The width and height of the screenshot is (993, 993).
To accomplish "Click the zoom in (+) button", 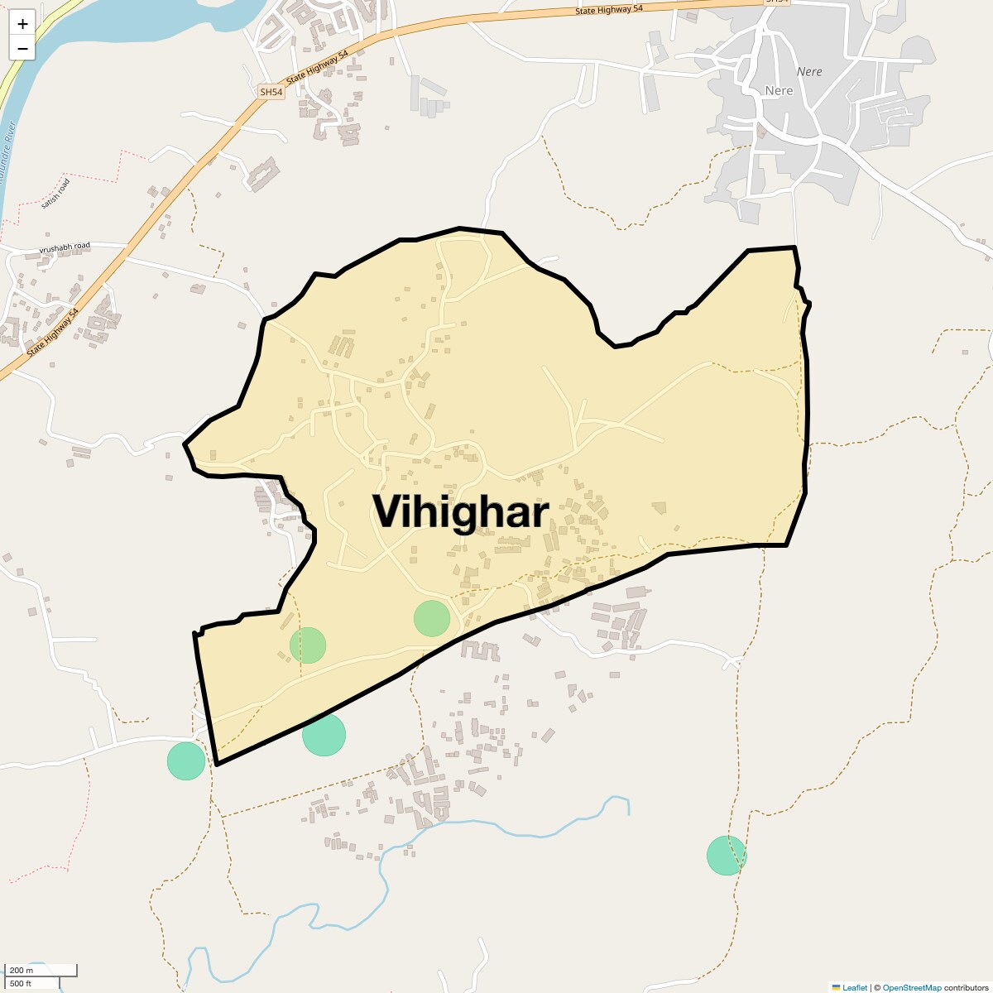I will coord(22,24).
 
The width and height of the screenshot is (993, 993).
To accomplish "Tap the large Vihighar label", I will coord(460,512).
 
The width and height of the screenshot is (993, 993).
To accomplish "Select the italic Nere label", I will coord(808,72).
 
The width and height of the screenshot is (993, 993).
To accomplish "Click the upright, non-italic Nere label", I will coord(779,90).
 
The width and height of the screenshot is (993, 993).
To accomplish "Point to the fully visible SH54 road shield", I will coord(271,93).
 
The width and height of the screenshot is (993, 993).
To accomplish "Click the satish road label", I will coord(56,193).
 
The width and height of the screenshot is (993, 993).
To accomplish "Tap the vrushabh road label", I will coord(65,247).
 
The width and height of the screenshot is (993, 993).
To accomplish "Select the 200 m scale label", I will coord(22,970).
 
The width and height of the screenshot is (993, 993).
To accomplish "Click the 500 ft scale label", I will coord(22,983).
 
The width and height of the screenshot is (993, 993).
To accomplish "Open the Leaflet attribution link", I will coord(854,987).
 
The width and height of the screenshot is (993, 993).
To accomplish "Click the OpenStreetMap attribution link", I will coord(911,987).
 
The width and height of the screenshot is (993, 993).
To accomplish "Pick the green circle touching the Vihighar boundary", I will coord(324,734).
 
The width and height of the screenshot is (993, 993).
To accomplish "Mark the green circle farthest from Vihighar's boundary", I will coord(727,856).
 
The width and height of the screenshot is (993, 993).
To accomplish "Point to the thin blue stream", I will coord(496,826).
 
